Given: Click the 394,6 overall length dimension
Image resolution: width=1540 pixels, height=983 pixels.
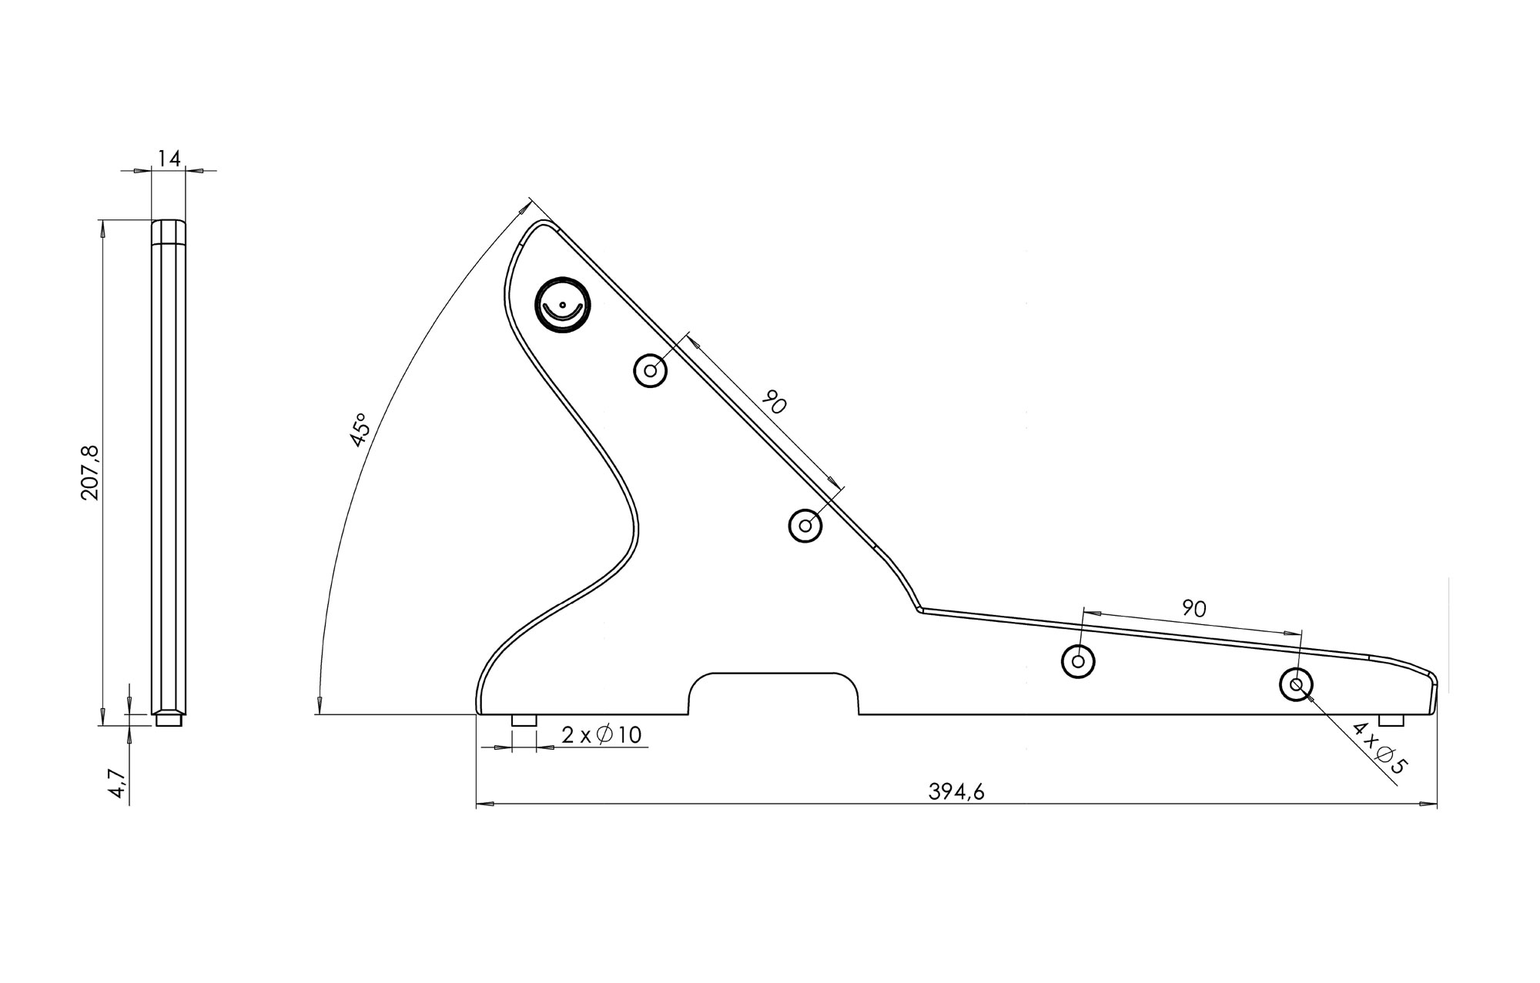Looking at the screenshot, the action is pos(956,792).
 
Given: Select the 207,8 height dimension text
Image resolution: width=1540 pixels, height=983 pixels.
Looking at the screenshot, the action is pos(91,472).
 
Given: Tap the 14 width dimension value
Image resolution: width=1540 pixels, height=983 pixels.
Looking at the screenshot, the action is pos(169,159).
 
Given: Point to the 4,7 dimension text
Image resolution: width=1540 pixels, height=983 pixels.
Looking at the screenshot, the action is pos(117,781).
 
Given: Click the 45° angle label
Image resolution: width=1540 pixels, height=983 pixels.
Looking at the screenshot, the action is pos(359,430).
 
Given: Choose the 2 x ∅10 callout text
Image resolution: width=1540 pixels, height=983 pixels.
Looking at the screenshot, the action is pos(601,735).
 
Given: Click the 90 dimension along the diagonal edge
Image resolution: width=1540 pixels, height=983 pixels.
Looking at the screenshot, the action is pos(774,402).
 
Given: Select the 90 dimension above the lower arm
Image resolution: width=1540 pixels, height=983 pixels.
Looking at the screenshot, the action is pos(1193,608).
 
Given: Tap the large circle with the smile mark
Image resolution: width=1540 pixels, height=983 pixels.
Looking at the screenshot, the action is pos(562,305).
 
